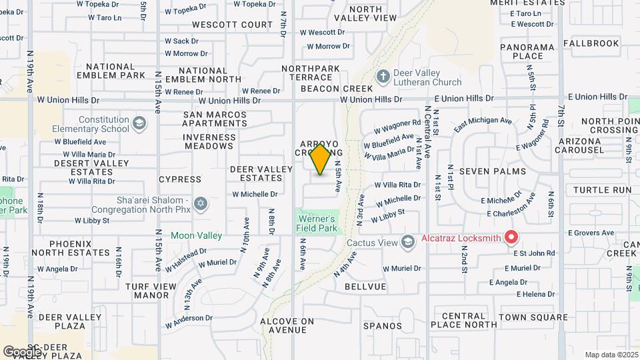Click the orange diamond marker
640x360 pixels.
click(x=321, y=159)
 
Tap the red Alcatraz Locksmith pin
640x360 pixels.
click(x=511, y=237)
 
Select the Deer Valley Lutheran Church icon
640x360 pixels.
click(x=383, y=77)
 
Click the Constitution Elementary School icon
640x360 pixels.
click(x=139, y=123)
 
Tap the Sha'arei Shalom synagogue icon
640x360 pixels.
click(x=201, y=203)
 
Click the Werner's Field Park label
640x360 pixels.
click(x=317, y=223)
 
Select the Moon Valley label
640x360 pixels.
click(x=196, y=235)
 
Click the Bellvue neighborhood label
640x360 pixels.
click(x=365, y=286)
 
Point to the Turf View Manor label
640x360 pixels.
click(x=147, y=291)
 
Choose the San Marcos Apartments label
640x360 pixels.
click(x=215, y=119)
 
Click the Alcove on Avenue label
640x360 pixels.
click(x=287, y=325)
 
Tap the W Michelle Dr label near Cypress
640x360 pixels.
click(x=255, y=194)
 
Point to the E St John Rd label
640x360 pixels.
click(x=534, y=253)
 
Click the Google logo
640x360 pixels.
click(x=22, y=351)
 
